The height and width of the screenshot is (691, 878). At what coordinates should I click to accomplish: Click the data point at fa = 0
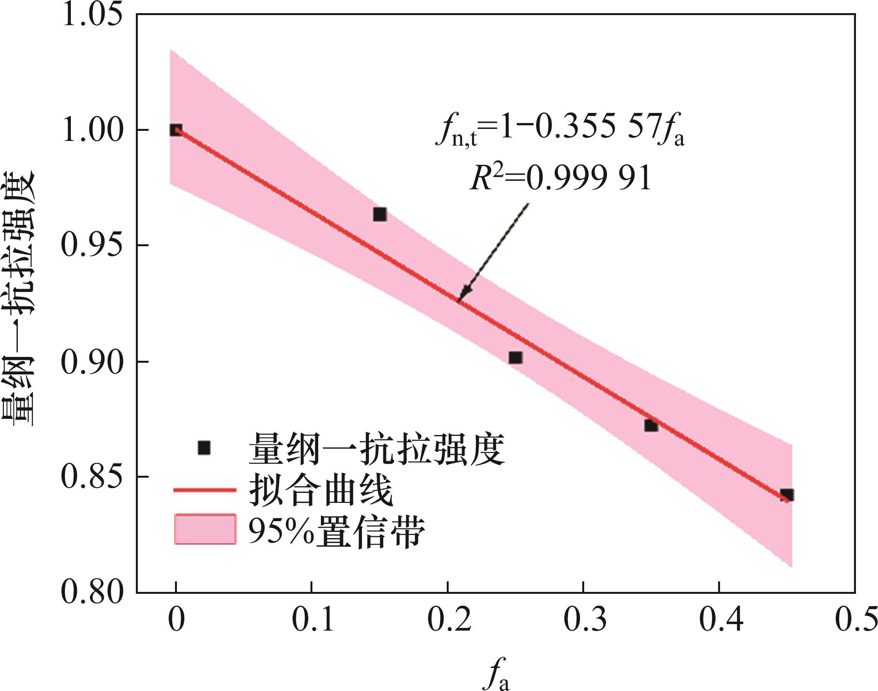coord(176,130)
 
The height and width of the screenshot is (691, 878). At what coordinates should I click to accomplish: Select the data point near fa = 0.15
coord(379,214)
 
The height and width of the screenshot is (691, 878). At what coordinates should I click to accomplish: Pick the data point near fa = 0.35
coord(651,425)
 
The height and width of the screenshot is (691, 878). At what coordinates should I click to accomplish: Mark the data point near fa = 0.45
coord(787,495)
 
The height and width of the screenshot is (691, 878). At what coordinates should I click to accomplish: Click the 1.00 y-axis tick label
coord(92,131)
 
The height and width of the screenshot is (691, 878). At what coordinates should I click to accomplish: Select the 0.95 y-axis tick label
coord(92,246)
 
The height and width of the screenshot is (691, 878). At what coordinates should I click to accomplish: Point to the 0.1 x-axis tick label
coord(312,619)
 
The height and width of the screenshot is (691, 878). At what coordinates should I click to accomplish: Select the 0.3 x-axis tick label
coord(584,619)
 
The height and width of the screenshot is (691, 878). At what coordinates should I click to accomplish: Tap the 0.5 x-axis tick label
coord(856,619)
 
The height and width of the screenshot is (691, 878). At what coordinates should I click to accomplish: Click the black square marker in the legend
coord(204,448)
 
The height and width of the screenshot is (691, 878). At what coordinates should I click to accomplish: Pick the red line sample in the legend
coord(205,490)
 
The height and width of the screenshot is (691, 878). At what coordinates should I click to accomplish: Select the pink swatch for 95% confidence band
coord(205,529)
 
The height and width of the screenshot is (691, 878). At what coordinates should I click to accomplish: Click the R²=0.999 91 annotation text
coord(561,178)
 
